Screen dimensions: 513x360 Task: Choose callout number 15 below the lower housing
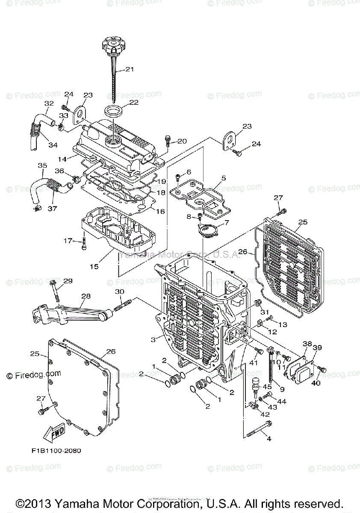pos(94,266)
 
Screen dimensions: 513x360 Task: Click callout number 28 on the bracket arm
pos(86,296)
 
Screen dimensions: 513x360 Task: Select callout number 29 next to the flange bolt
pos(68,281)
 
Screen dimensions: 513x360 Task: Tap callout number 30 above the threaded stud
pos(119,292)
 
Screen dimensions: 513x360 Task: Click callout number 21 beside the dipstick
pos(130,70)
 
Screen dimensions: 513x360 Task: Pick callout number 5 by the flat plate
pos(223,177)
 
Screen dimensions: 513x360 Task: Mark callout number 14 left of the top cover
pos(62,159)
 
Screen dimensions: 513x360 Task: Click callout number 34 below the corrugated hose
pos(53,145)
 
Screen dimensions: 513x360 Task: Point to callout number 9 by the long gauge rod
pos(282,389)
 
